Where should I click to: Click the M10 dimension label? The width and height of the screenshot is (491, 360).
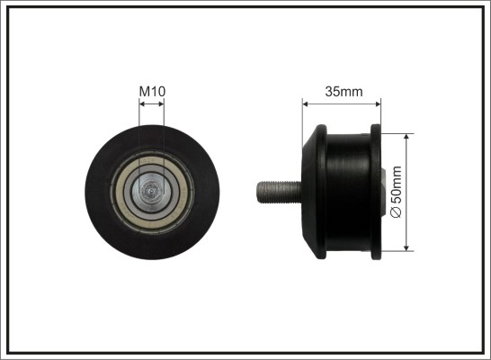[x=152, y=91]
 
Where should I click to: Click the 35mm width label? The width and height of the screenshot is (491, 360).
[x=344, y=92]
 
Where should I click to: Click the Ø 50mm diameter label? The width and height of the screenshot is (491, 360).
[x=397, y=192]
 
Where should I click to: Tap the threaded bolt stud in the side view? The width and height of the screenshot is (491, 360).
[x=280, y=192]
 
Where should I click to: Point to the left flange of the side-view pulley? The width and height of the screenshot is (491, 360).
[x=321, y=192]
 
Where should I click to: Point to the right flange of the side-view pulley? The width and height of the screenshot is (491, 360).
[x=376, y=192]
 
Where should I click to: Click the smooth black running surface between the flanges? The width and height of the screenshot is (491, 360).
[x=349, y=192]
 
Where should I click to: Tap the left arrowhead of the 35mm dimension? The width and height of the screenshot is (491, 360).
[x=306, y=104]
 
